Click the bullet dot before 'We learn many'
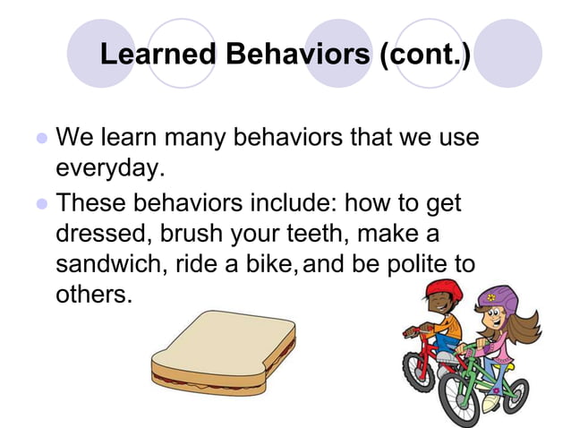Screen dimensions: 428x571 point(40,141)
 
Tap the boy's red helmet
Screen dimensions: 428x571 point(441,291)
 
